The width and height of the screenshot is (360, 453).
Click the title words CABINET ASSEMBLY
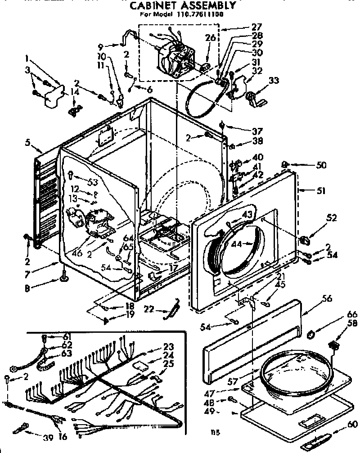(x=183, y=6)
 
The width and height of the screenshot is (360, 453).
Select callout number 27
(x=257, y=27)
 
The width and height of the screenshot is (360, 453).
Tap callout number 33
(x=274, y=81)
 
